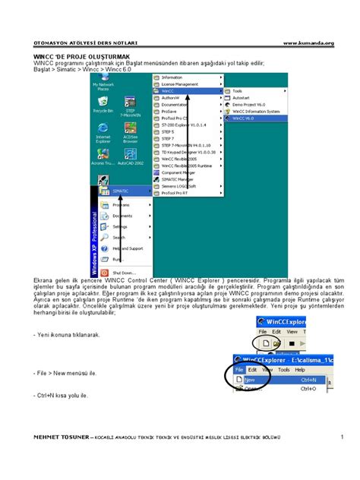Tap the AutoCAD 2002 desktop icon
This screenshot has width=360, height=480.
[130, 157]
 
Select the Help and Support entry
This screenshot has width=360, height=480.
[127, 248]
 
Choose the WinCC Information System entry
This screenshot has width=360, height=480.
[255, 111]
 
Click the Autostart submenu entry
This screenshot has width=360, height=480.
[242, 97]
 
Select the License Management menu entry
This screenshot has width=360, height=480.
[179, 84]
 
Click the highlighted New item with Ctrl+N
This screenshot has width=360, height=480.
[251, 380]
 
